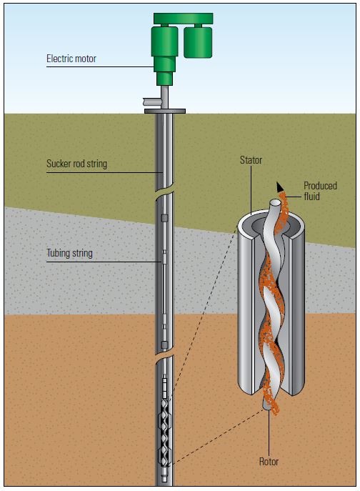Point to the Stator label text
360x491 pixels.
pyautogui.click(x=251, y=161)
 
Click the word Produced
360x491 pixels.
pyautogui.click(x=320, y=186)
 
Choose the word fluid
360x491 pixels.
pyautogui.click(x=314, y=197)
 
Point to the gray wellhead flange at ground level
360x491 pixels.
pyautogui.click(x=165, y=111)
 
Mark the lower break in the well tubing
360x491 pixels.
pyautogui.click(x=164, y=353)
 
